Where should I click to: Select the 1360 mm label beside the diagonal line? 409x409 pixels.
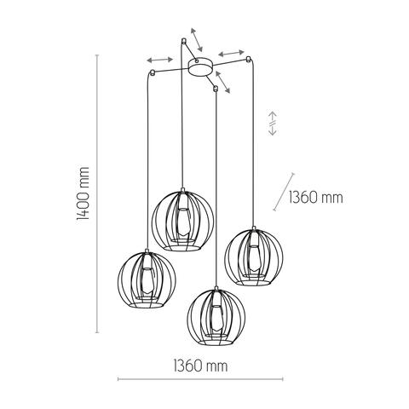[315, 198]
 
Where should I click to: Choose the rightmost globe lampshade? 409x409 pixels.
[252, 255]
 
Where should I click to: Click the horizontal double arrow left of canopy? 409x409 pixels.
[159, 60]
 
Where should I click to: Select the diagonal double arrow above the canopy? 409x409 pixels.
[196, 39]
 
